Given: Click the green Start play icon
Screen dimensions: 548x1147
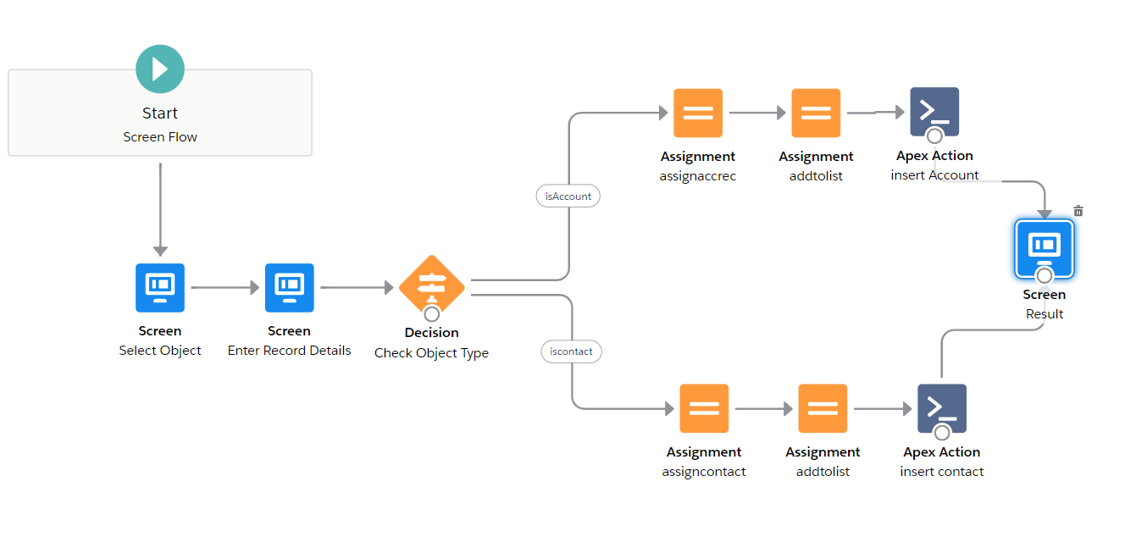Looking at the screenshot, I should tap(160, 69).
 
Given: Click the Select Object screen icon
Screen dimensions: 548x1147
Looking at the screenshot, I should tap(160, 288).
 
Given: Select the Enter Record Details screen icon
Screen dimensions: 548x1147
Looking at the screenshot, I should tap(290, 288).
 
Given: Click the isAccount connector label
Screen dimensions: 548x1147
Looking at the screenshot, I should tap(568, 196).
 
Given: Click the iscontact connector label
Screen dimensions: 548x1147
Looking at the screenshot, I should tap(571, 351).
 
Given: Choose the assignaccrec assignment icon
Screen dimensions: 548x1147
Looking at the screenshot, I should tap(698, 113).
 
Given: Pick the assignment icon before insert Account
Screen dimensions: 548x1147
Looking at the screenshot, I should tap(816, 113).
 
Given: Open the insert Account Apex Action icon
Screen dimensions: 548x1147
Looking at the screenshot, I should tap(934, 112).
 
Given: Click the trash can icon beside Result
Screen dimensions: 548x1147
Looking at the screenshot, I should tap(1078, 211).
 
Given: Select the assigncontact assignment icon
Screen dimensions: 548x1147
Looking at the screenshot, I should tap(704, 409).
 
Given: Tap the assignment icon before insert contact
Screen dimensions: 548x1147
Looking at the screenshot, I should tap(823, 409).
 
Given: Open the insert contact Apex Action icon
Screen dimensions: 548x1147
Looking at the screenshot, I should tap(942, 408).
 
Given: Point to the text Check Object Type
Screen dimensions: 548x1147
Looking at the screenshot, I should tap(431, 352).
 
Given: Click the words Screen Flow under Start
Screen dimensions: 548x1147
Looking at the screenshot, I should tap(160, 136).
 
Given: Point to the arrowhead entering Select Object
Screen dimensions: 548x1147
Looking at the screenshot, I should tap(160, 251).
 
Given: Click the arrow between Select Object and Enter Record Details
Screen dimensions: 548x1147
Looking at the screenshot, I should tap(224, 288).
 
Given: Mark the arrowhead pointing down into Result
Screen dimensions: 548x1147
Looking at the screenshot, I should tap(1045, 214).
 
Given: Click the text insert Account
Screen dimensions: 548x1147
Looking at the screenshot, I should tap(934, 175).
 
